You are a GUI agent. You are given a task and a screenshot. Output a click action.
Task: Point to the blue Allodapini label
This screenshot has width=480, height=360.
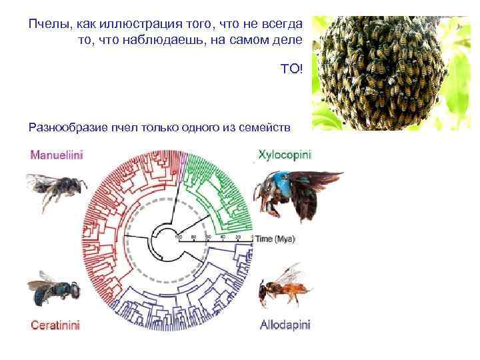tap(285, 325)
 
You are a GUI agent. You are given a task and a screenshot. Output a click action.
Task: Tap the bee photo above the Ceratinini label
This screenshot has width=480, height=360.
tap(53, 290)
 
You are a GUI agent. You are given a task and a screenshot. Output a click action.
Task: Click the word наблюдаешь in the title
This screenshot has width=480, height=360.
tap(173, 41)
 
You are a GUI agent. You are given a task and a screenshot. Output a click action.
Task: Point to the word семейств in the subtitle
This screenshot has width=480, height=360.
tap(270, 127)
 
